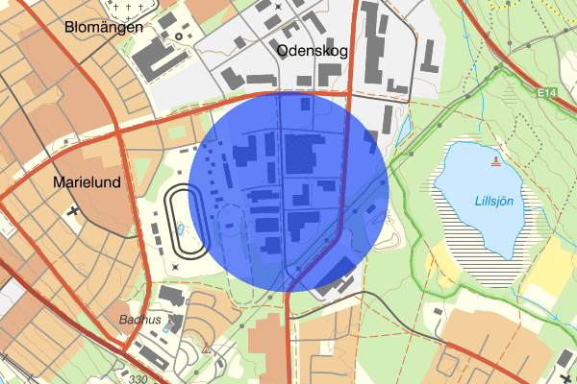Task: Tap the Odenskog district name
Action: [309, 50]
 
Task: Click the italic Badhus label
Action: [138, 320]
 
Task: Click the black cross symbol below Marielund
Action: [74, 209]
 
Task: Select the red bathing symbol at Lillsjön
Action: [496, 160]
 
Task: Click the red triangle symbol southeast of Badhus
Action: [206, 350]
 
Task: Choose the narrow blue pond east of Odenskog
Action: [405, 126]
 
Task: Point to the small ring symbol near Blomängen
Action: [177, 37]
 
